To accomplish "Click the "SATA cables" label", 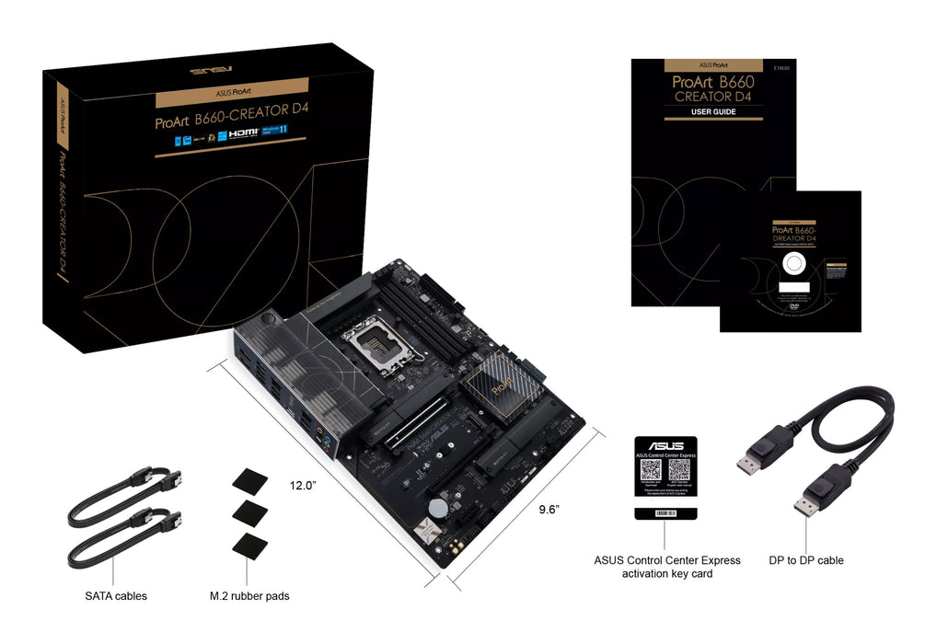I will pyautogui.click(x=116, y=596).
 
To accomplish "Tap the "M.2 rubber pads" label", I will pyautogui.click(x=249, y=596).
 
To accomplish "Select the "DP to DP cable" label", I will pyautogui.click(x=805, y=560).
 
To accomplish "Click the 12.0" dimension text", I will pyautogui.click(x=303, y=485).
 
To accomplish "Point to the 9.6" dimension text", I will pyautogui.click(x=549, y=508).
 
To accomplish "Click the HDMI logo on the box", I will pyautogui.click(x=244, y=132).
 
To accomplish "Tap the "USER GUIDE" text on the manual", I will pyautogui.click(x=713, y=112).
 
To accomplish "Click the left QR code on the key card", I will pyautogui.click(x=652, y=470).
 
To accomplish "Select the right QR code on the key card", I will pyautogui.click(x=679, y=470).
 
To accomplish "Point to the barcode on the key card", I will pyautogui.click(x=665, y=513).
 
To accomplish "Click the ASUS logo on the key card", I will pyautogui.click(x=665, y=444).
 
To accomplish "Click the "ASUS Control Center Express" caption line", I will pyautogui.click(x=666, y=560).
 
